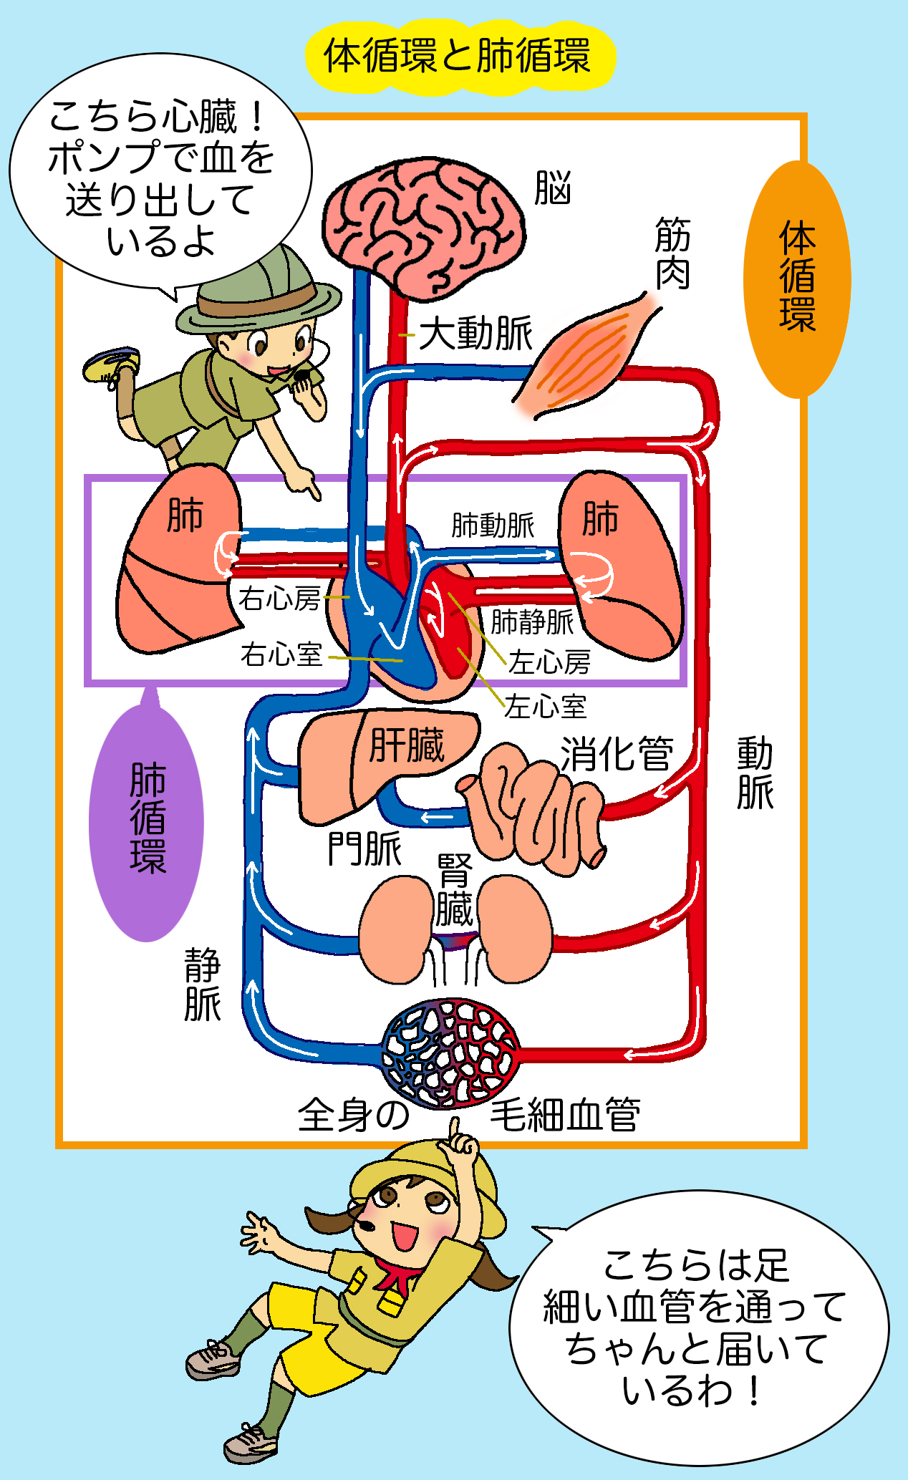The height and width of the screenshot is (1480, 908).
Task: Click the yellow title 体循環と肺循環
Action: pyautogui.click(x=458, y=57)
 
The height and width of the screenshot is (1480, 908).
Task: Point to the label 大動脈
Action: pyautogui.click(x=475, y=334)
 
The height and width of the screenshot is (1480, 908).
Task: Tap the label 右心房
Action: pyautogui.click(x=279, y=599)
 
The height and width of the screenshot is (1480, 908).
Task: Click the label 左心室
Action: pyautogui.click(x=545, y=707)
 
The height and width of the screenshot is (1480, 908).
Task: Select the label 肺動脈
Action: pyautogui.click(x=493, y=525)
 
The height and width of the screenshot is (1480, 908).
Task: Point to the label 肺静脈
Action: pyautogui.click(x=531, y=621)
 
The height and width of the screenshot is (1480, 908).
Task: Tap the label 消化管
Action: pyautogui.click(x=617, y=754)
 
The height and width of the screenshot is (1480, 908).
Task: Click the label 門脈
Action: pyautogui.click(x=364, y=849)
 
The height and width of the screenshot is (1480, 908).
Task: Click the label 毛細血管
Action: pyautogui.click(x=565, y=1114)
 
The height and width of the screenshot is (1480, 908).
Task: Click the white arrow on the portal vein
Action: pyautogui.click(x=436, y=817)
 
